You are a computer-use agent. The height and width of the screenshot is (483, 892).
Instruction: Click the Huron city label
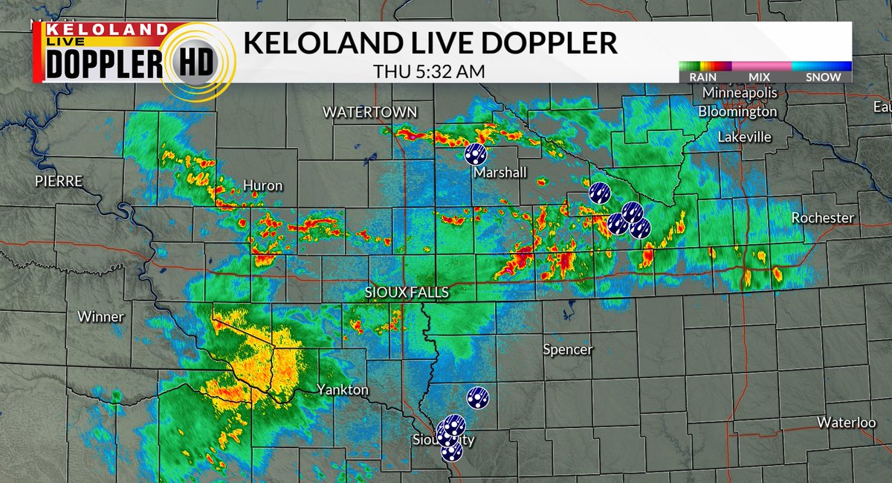263,185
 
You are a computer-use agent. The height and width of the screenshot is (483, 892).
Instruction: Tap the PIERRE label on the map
58,182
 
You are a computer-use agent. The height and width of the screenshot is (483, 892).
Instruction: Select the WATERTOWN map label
369,112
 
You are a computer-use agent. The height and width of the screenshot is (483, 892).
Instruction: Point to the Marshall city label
500,173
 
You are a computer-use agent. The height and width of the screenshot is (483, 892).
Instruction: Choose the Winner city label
100,316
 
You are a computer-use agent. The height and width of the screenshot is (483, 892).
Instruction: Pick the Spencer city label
568,349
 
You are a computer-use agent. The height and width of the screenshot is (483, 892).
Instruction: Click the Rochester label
823,218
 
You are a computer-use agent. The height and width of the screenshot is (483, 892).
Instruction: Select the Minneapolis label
740,93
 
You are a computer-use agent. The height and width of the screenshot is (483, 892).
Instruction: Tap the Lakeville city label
744,137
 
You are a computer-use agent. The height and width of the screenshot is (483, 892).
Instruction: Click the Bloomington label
737,112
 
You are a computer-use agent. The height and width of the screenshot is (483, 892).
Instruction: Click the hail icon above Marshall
476,153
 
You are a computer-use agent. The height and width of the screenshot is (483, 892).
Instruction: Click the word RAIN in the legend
702,77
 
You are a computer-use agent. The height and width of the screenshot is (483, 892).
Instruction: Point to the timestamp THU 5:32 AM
430,71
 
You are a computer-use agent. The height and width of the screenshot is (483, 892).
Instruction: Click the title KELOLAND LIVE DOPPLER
430,43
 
